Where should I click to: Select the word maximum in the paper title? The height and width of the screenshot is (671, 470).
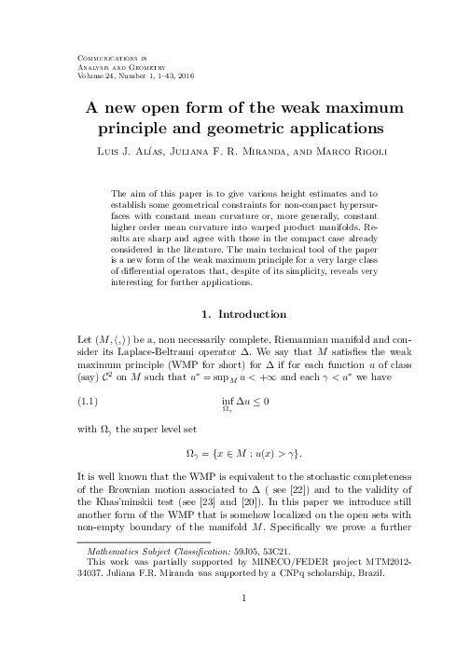(348, 106)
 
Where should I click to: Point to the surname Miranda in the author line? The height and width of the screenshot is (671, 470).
(252, 149)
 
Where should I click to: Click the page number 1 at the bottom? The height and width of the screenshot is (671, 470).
(242, 625)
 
